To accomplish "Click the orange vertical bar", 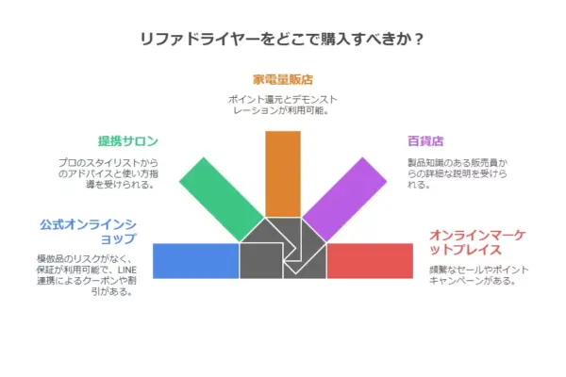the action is point(283,173).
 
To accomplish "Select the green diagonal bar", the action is point(222,200).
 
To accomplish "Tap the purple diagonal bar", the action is point(344,200).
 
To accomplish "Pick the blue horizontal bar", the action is point(196,261).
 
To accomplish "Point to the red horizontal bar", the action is point(370,261).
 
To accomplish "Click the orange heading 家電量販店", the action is point(283,79).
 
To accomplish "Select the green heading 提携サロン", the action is point(128,140).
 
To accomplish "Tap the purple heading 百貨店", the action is point(425,140).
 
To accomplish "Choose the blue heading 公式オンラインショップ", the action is point(88,232).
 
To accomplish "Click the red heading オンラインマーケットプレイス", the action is point(477,242).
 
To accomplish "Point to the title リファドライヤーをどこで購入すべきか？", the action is point(282,39).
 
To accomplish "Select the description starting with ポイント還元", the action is point(283,105).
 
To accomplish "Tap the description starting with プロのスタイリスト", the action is point(108,173).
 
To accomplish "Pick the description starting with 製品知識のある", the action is point(458,173).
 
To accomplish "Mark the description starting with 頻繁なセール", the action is point(478,275).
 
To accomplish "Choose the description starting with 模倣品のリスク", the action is point(87,275).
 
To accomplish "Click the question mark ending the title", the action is point(419,39).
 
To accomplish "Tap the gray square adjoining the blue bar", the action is point(261,261).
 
